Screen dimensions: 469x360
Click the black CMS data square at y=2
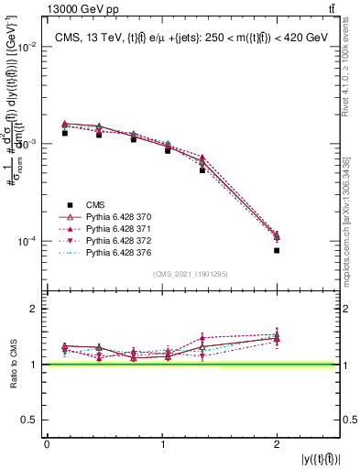[277, 250]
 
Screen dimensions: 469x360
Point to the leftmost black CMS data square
[65, 133]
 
